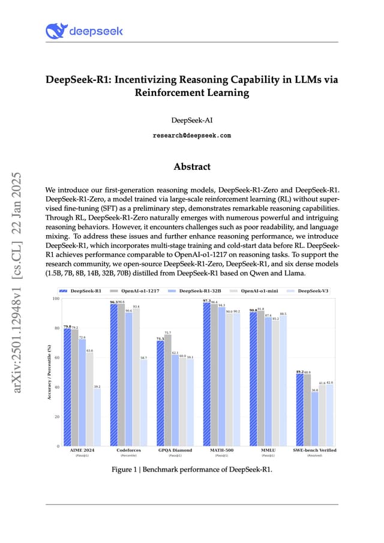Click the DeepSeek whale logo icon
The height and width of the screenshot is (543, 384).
(x=56, y=31)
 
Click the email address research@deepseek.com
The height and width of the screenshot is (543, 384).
(x=192, y=136)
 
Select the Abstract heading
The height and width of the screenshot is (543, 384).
(x=192, y=166)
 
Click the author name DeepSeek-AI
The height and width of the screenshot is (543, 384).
(x=192, y=121)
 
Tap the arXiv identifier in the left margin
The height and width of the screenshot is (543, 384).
(x=18, y=282)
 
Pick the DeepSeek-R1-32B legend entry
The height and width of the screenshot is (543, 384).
(x=197, y=290)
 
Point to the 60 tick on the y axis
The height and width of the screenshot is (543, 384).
(x=57, y=358)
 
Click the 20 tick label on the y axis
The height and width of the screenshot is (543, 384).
(x=57, y=416)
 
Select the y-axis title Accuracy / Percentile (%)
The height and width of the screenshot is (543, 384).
(x=49, y=372)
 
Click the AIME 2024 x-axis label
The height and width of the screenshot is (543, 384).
(x=82, y=450)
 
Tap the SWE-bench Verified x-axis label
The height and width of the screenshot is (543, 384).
(x=314, y=450)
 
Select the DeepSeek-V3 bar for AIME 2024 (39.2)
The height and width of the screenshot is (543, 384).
(x=97, y=417)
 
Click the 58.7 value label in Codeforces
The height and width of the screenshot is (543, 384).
(x=143, y=358)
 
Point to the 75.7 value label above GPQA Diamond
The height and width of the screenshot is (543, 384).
(x=167, y=332)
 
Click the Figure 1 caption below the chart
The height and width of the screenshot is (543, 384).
(x=192, y=469)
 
